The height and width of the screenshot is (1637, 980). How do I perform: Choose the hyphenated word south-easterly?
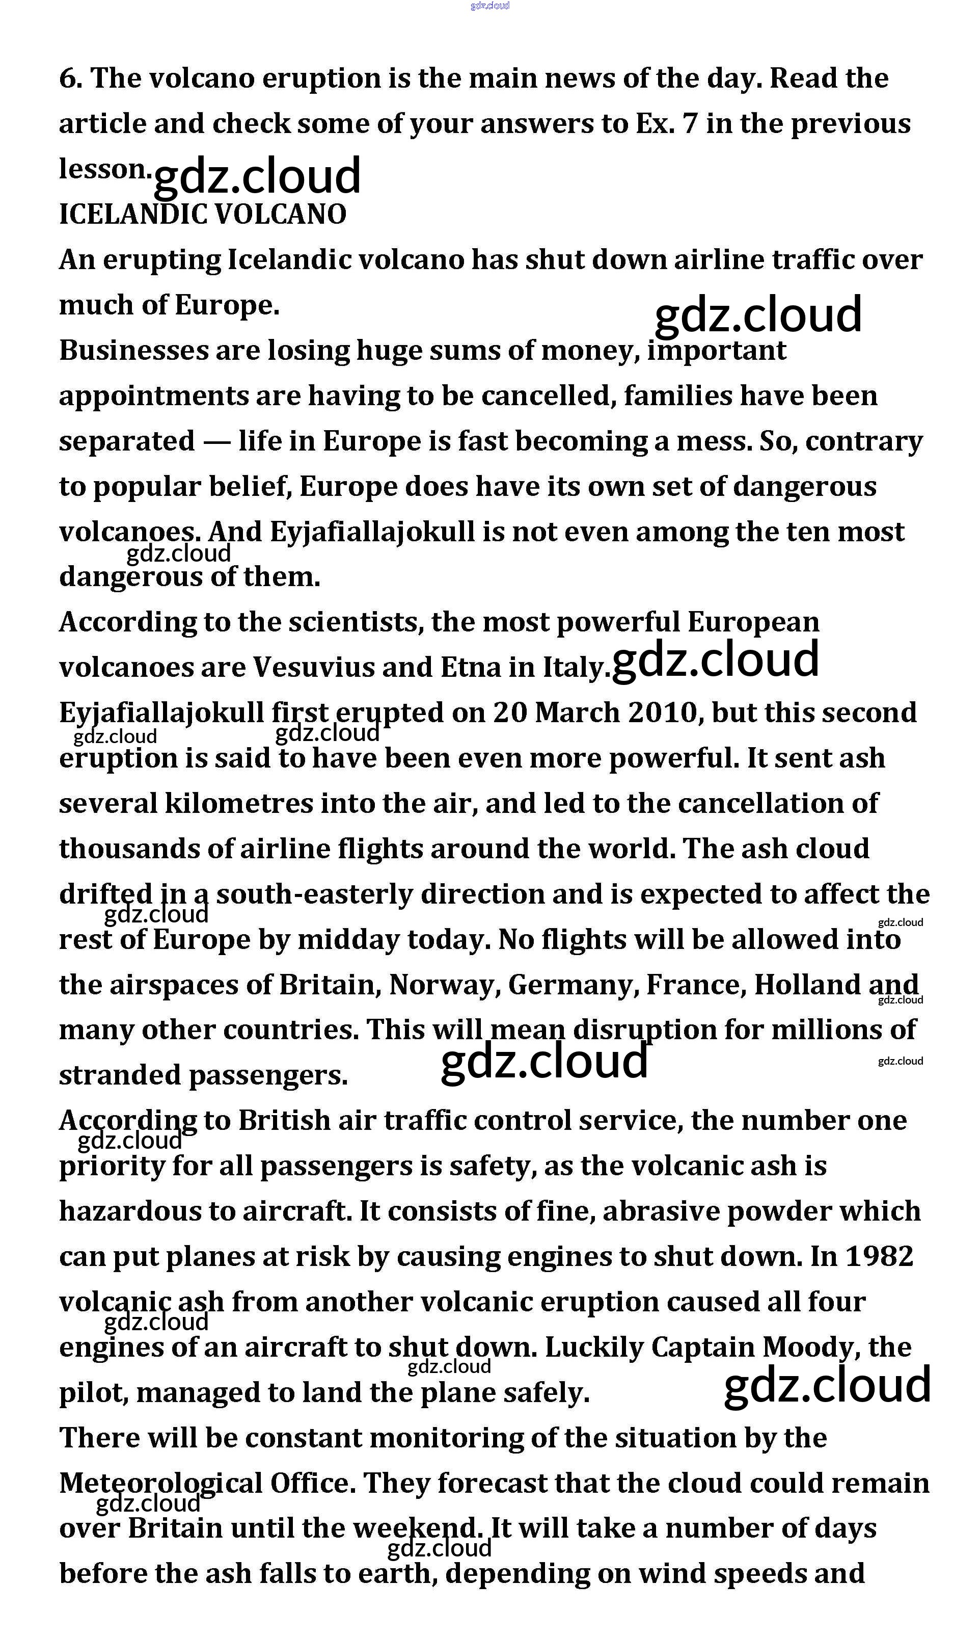tap(314, 894)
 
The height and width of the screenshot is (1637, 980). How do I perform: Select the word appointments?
tap(153, 397)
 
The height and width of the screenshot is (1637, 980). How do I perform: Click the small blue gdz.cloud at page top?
tap(490, 6)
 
